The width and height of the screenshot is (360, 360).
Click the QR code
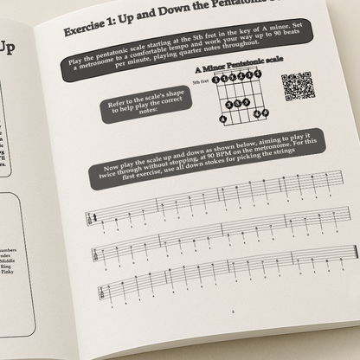tap(296, 87)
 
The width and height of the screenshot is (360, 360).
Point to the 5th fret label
tap(201, 80)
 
